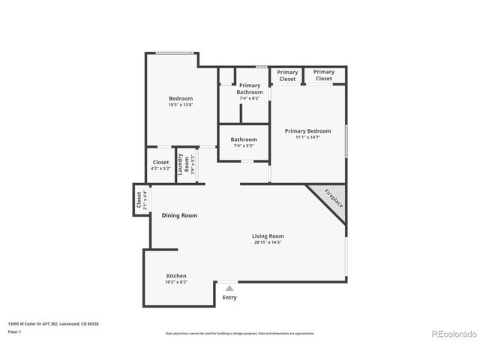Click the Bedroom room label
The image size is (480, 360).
180,98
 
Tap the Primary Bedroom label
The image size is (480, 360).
307,130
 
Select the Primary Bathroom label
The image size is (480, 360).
250,88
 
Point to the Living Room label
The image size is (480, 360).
268,236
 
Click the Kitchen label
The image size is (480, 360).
176,276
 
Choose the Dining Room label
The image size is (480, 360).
179,215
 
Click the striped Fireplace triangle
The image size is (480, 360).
330,199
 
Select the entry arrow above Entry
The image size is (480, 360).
229,287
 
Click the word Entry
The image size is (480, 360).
229,298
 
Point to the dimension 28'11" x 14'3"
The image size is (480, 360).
268,243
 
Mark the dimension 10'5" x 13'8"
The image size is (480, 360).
180,105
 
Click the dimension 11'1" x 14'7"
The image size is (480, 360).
307,137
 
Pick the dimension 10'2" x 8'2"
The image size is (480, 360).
176,283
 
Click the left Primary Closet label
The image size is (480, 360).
287,75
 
